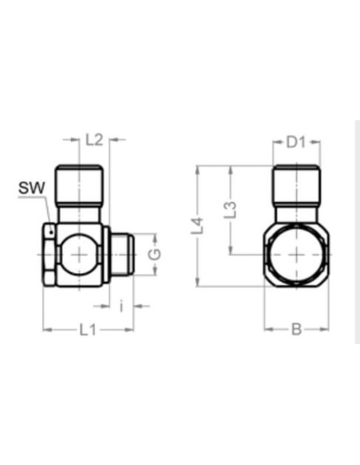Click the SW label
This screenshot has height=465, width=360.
[32, 188]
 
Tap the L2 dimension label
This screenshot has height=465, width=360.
[94, 139]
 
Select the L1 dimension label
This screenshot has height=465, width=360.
[88, 330]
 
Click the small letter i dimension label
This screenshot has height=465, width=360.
[121, 306]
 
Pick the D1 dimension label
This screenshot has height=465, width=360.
[296, 143]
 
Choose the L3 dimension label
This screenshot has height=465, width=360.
[230, 209]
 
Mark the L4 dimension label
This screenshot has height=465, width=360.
[198, 226]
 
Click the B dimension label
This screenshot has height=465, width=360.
[296, 329]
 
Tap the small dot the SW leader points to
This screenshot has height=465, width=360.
[51, 232]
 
